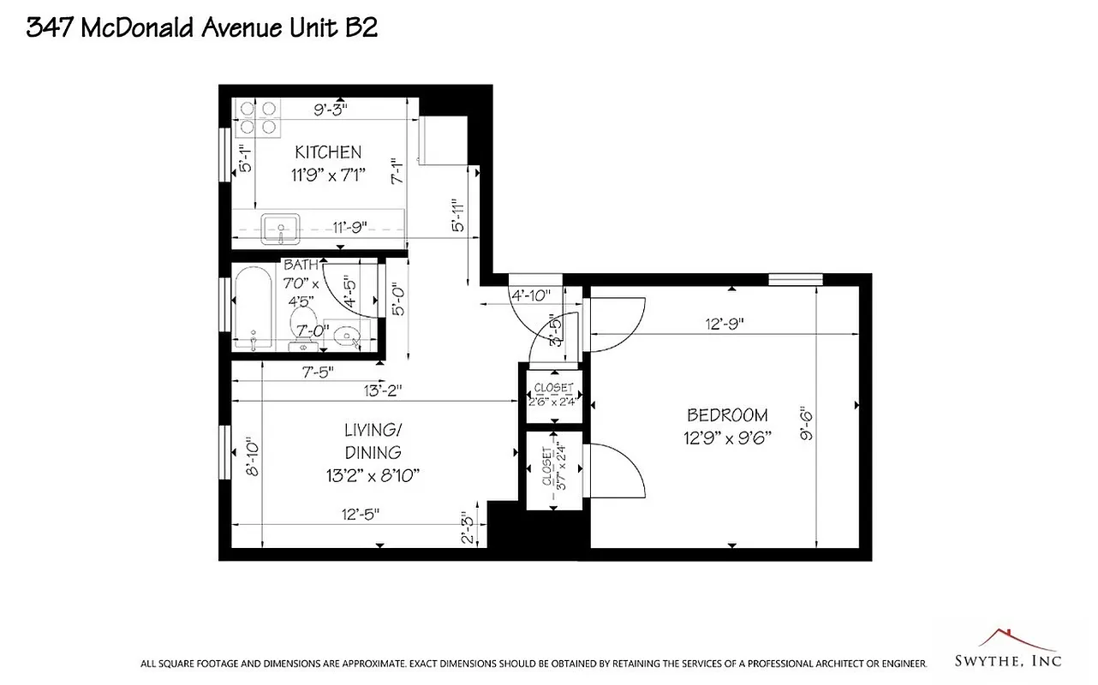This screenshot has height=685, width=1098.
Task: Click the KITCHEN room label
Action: pyautogui.click(x=328, y=152)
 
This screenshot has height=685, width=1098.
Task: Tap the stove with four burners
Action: pyautogui.click(x=259, y=117)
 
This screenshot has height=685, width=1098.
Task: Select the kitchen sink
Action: pyautogui.click(x=280, y=229)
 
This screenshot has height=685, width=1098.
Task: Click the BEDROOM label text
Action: pyautogui.click(x=727, y=415)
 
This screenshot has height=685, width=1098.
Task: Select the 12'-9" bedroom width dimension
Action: pyautogui.click(x=724, y=324)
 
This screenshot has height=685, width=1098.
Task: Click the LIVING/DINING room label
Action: pyautogui.click(x=373, y=440)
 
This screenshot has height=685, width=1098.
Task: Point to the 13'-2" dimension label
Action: pyautogui.click(x=381, y=390)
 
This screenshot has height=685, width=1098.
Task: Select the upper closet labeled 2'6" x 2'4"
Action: pyautogui.click(x=554, y=394)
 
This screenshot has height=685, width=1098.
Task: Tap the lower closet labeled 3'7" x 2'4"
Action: pyautogui.click(x=554, y=471)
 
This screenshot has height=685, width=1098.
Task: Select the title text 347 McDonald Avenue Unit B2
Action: pyautogui.click(x=202, y=27)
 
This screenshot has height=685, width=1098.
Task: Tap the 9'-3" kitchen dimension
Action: pyautogui.click(x=330, y=109)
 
